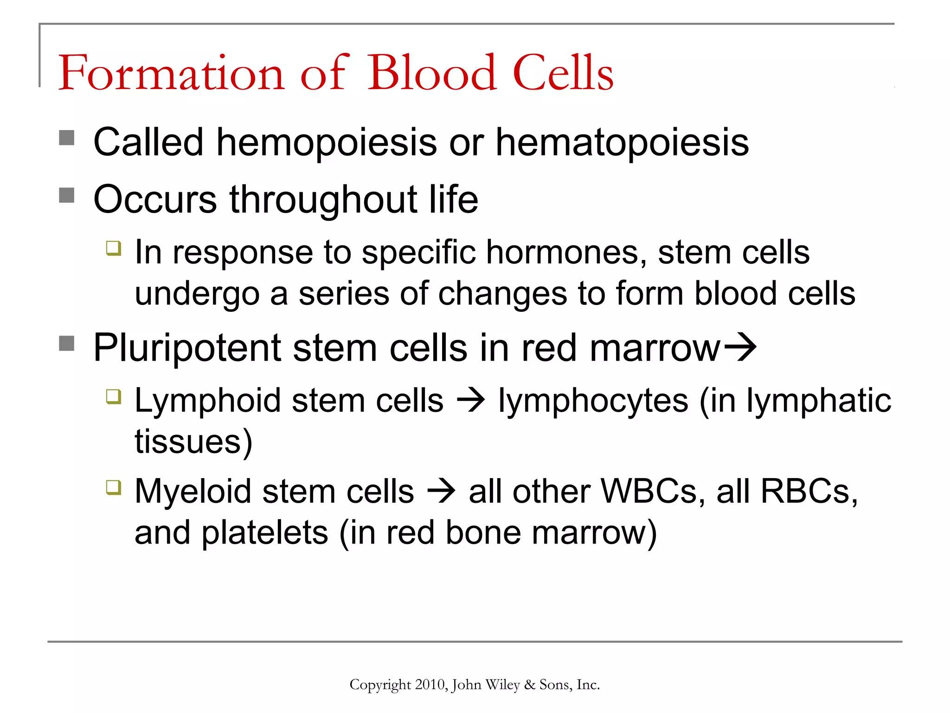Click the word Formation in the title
pyautogui.click(x=171, y=73)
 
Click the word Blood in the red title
pyautogui.click(x=432, y=73)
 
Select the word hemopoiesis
pyautogui.click(x=327, y=142)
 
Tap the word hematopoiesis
pyautogui.click(x=622, y=142)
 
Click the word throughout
pyautogui.click(x=323, y=200)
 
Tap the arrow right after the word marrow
pyautogui.click(x=740, y=347)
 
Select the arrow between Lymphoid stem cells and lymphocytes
pyautogui.click(x=471, y=400)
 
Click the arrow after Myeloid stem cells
pyautogui.click(x=441, y=491)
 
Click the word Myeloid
pyautogui.click(x=193, y=491)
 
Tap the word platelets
pyautogui.click(x=265, y=532)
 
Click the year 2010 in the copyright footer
pyautogui.click(x=430, y=685)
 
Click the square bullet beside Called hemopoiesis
pyautogui.click(x=67, y=138)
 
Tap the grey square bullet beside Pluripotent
pyautogui.click(x=67, y=344)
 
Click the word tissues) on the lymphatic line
pyautogui.click(x=193, y=441)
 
